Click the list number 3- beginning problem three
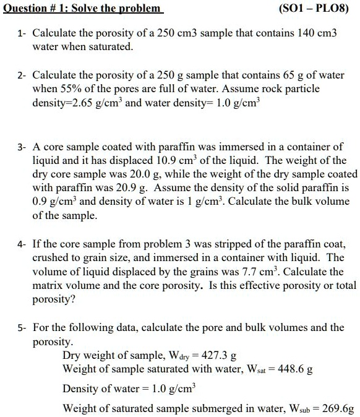(21, 147)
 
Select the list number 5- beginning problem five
(21, 327)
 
